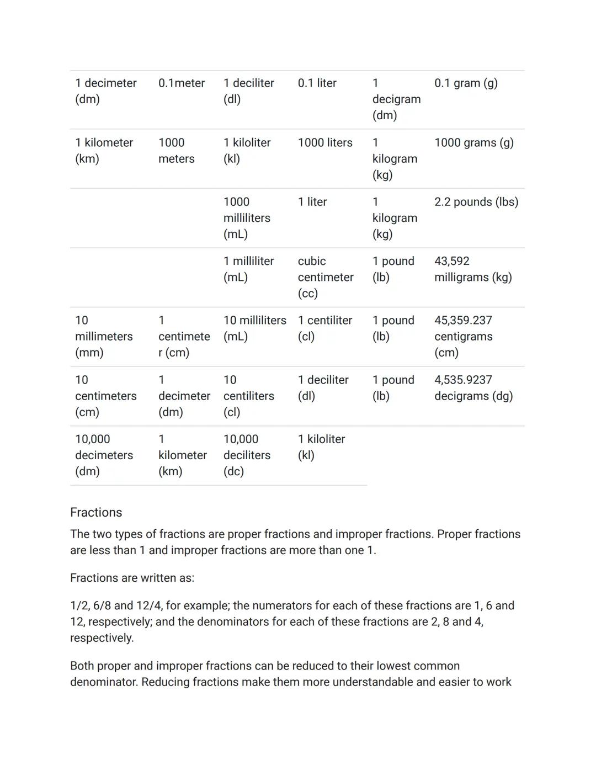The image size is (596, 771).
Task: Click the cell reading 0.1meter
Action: (181, 83)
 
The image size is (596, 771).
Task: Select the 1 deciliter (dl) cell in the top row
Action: (248, 91)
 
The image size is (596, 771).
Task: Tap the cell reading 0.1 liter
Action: (317, 83)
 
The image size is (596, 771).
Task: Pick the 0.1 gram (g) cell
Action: (466, 83)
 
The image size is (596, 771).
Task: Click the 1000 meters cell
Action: (176, 151)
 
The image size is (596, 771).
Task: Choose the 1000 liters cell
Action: (324, 143)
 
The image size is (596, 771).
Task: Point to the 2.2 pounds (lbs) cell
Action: (476, 202)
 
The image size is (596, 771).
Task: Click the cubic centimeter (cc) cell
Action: (325, 277)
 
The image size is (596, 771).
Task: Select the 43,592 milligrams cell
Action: (472, 269)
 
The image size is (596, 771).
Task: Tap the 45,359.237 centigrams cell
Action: (463, 336)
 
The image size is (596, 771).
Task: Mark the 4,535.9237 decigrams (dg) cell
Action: (473, 388)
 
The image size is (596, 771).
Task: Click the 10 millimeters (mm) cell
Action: (104, 336)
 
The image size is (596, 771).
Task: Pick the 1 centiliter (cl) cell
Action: (324, 328)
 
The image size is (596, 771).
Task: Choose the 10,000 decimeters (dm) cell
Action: (104, 455)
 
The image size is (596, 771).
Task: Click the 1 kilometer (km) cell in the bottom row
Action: (182, 455)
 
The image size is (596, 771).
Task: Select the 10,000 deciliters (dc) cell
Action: (247, 455)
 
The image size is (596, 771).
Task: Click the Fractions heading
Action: (96, 513)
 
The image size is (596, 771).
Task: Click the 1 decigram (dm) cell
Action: (396, 99)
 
